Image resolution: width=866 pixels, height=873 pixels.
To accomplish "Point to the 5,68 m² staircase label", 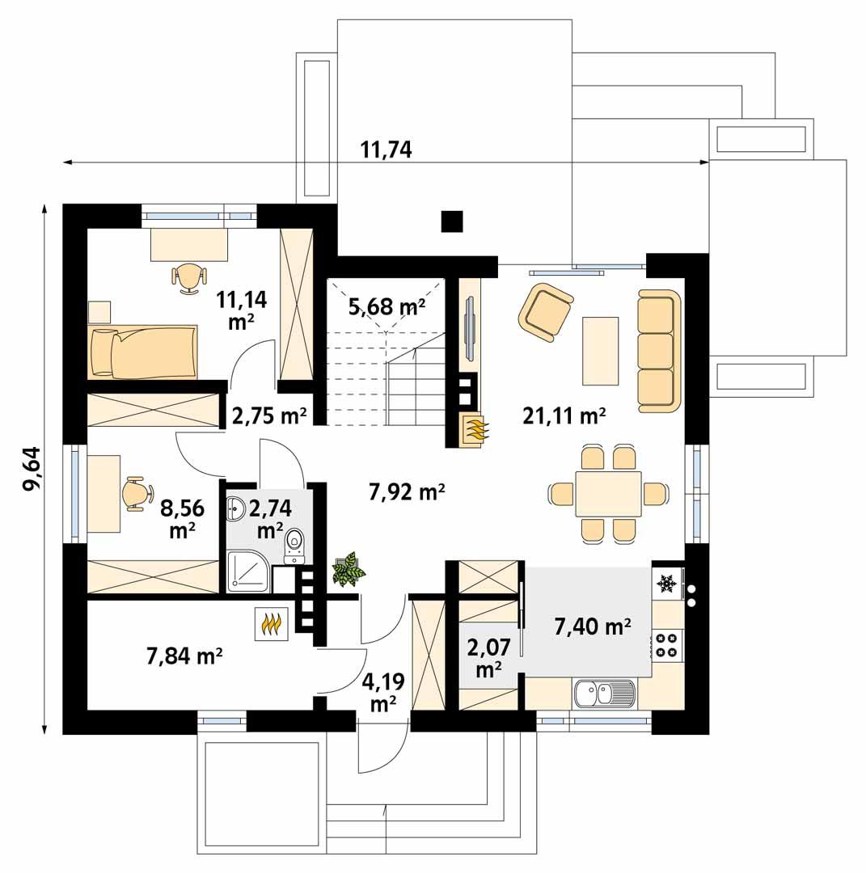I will pyautogui.click(x=387, y=306).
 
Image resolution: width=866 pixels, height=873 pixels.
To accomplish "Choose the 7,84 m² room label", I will pyautogui.click(x=185, y=656).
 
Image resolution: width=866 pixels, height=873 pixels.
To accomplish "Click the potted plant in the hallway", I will pyautogui.click(x=349, y=569).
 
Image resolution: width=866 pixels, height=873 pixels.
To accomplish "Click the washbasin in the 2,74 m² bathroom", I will pyautogui.click(x=236, y=508).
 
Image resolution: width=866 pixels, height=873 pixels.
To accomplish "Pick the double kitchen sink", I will pyautogui.click(x=605, y=693).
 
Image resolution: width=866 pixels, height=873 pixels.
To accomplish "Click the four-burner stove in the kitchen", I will pyautogui.click(x=667, y=644).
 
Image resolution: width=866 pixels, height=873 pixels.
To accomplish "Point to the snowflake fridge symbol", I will pyautogui.click(x=667, y=582).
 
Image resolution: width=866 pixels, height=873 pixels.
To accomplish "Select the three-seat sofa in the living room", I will pyautogui.click(x=656, y=348).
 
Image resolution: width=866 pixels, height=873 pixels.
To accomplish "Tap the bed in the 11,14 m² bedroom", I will pyautogui.click(x=143, y=352).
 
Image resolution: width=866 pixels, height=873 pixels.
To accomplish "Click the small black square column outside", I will pyautogui.click(x=452, y=221).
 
